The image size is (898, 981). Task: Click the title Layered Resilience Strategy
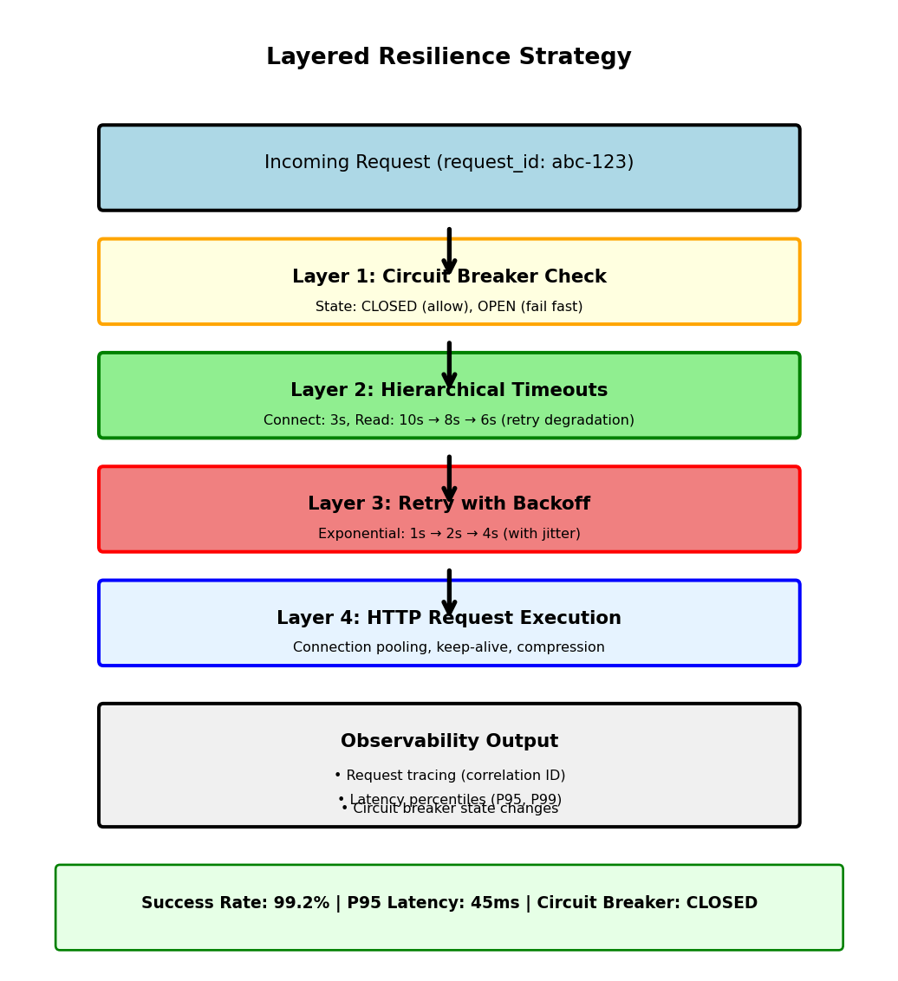(448, 58)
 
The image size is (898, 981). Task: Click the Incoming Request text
(448, 163)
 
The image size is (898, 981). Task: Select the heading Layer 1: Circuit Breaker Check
(448, 277)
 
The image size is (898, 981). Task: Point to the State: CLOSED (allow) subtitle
(448, 307)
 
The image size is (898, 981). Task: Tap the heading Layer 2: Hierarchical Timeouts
(448, 391)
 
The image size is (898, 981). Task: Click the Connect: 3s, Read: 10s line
(448, 420)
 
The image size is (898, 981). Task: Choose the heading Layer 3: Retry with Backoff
(448, 504)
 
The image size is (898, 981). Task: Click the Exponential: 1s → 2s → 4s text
(448, 534)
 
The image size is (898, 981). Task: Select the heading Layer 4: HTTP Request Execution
(448, 619)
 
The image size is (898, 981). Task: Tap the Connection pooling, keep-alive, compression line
(448, 647)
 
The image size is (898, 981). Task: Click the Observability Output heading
(448, 742)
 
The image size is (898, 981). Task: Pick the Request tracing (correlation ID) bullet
(449, 776)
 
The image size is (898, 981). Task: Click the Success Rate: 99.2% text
(235, 903)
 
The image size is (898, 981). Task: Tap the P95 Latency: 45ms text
(432, 903)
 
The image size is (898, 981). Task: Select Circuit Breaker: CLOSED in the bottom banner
(647, 903)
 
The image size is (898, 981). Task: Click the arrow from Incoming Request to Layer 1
(449, 247)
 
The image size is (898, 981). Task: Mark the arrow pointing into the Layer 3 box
(449, 475)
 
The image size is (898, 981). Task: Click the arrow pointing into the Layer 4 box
(449, 589)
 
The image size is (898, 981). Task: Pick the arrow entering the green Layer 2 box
(449, 361)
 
